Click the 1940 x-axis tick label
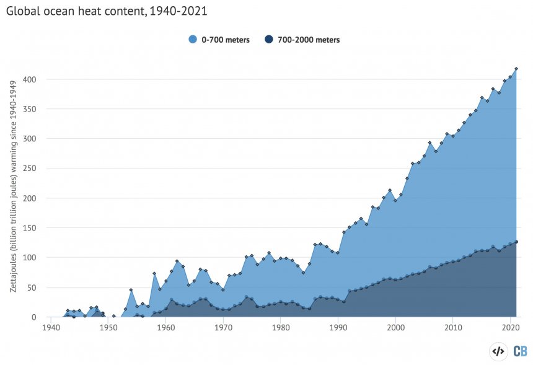51,328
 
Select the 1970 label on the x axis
223,328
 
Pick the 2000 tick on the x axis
395,328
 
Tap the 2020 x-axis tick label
510,328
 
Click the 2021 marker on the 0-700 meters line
516,69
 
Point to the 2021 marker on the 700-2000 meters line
516,242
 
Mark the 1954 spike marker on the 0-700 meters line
131,290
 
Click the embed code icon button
498,351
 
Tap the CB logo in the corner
520,351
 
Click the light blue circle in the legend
193,40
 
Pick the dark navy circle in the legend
269,40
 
